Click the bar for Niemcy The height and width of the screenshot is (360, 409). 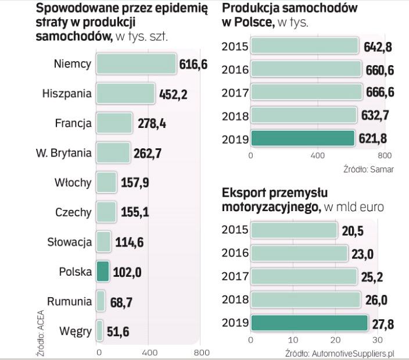pos(135,64)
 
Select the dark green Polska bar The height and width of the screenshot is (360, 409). pos(102,272)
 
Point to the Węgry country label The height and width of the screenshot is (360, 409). pos(76,332)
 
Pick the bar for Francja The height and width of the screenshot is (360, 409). pos(114,123)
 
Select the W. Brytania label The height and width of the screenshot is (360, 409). pos(63,154)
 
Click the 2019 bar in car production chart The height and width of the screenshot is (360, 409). pos(303,138)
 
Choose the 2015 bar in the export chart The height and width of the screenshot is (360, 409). pos(294,230)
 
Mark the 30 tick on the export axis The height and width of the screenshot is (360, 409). pos(378,340)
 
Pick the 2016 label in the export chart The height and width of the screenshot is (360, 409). pos(235,253)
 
